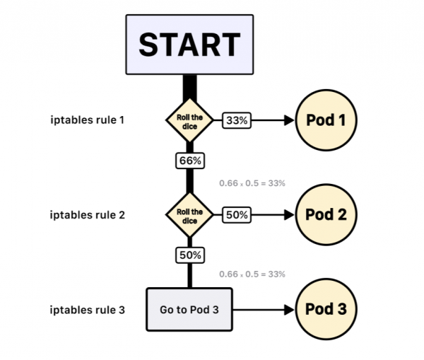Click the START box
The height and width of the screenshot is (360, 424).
click(x=189, y=44)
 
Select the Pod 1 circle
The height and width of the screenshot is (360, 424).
click(x=326, y=120)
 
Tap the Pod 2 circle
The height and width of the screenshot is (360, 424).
click(x=326, y=214)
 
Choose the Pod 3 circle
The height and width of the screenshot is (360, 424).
click(x=326, y=309)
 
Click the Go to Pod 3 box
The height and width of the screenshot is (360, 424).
click(x=189, y=309)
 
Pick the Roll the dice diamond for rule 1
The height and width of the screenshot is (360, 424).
click(x=189, y=121)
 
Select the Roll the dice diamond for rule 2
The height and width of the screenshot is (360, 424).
click(x=189, y=214)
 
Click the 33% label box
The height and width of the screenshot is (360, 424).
click(x=237, y=121)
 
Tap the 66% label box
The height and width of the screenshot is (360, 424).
click(x=189, y=161)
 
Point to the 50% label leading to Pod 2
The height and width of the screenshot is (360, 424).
click(x=237, y=214)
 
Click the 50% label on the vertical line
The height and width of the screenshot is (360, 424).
click(x=189, y=254)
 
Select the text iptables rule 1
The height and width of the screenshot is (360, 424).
click(x=88, y=120)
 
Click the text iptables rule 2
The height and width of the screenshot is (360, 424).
click(x=88, y=214)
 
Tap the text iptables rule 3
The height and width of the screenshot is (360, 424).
click(x=88, y=309)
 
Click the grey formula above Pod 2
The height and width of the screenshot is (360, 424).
click(x=252, y=183)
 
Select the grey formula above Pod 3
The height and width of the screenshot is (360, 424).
click(x=252, y=274)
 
